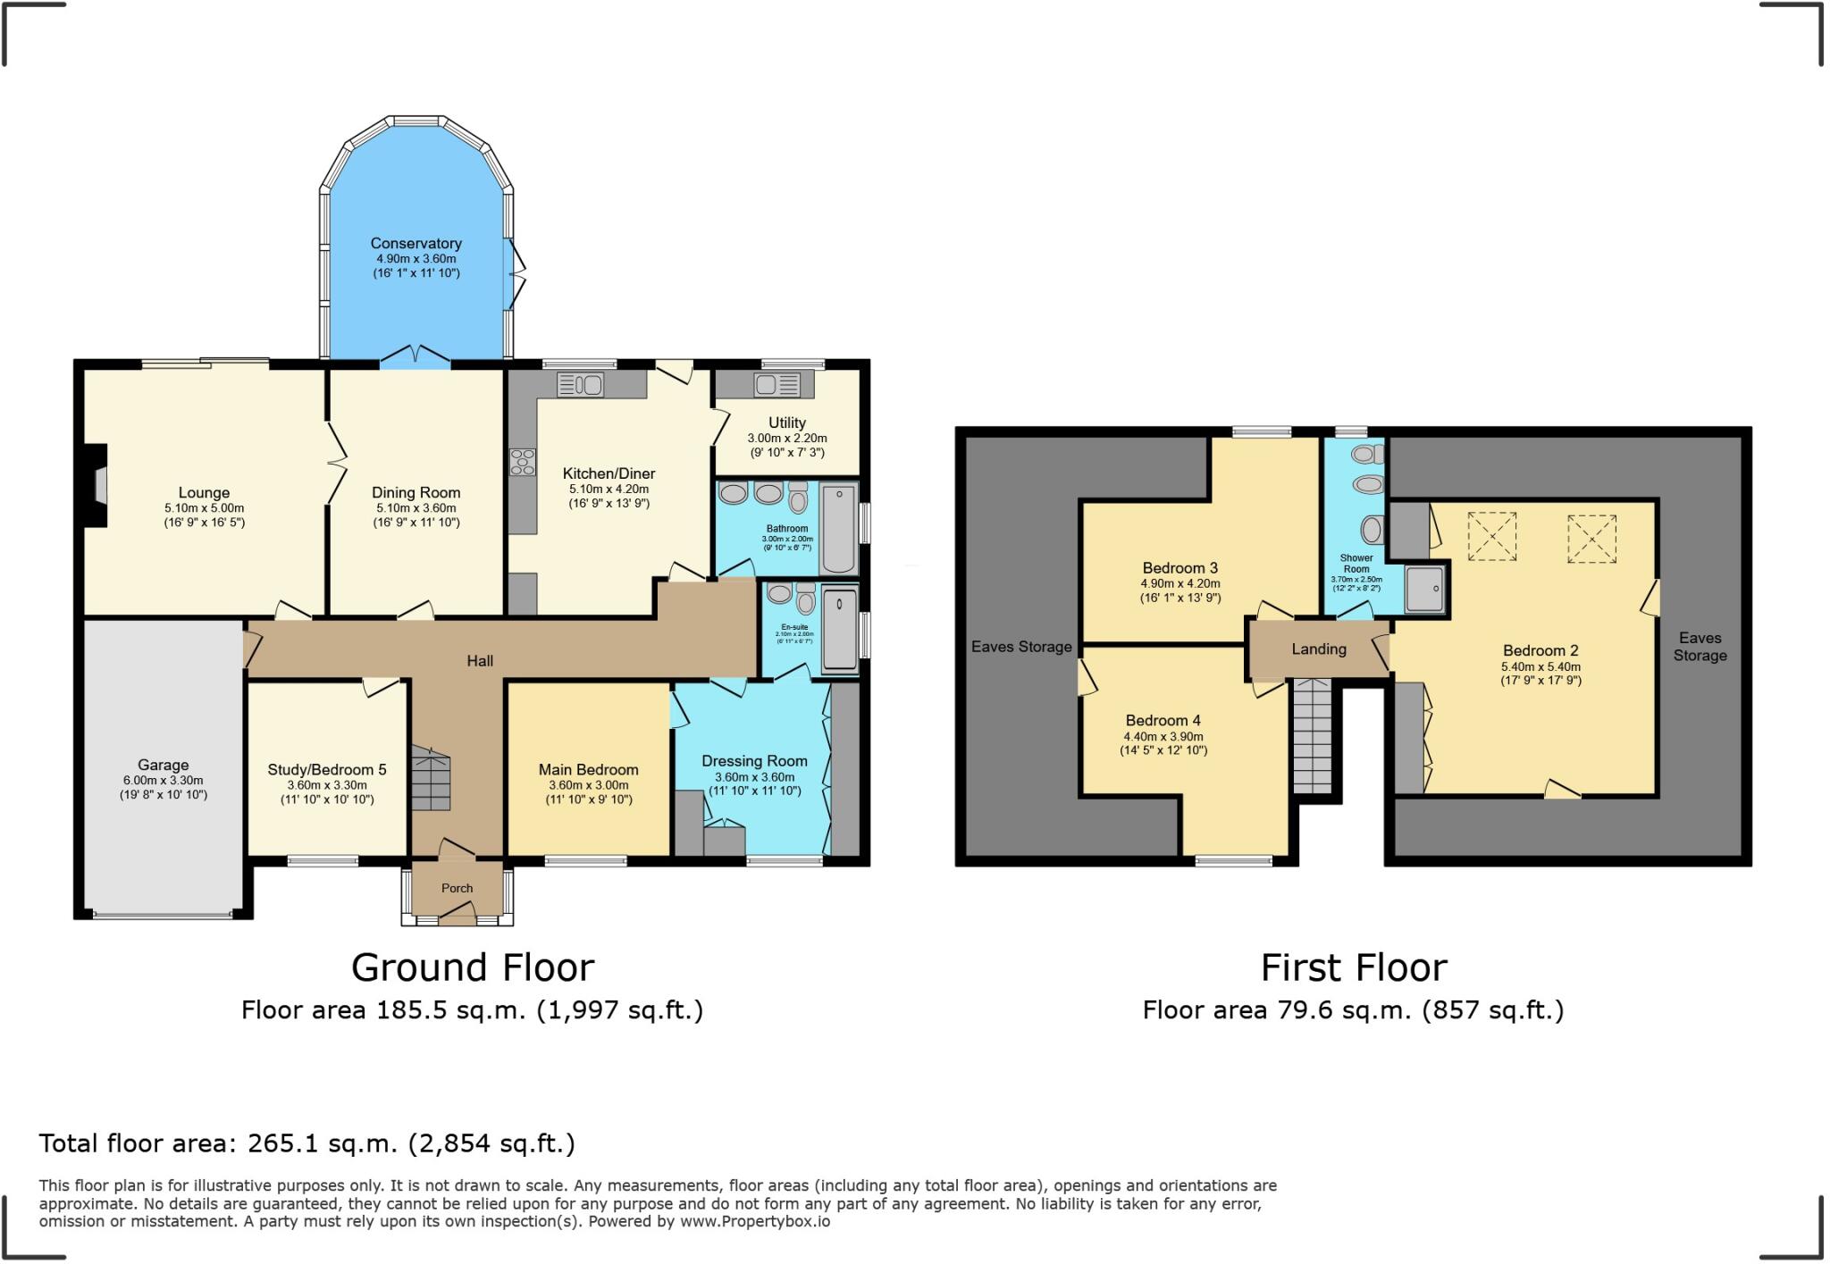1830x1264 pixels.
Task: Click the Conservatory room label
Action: [416, 243]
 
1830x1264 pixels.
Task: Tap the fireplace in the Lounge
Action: [97, 486]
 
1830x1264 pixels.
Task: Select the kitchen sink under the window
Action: [580, 385]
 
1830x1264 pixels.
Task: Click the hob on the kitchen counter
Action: [523, 462]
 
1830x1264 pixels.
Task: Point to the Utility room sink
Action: [776, 385]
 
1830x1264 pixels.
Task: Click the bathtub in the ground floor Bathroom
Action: [838, 527]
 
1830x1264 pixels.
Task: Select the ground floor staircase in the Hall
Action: [431, 779]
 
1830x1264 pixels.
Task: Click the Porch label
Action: [457, 888]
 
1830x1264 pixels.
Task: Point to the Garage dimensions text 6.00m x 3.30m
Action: [164, 780]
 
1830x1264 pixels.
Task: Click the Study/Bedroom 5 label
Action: [327, 769]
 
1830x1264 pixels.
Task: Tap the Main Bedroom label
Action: [588, 769]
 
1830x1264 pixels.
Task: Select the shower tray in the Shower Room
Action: [1424, 589]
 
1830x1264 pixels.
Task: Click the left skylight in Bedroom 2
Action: [1492, 536]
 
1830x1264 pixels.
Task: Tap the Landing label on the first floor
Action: [1318, 649]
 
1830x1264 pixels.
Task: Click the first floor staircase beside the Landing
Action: [1312, 736]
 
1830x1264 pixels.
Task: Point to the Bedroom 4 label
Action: [1163, 720]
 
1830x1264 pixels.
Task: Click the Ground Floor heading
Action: [472, 967]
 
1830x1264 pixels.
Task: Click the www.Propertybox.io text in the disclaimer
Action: [755, 1221]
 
